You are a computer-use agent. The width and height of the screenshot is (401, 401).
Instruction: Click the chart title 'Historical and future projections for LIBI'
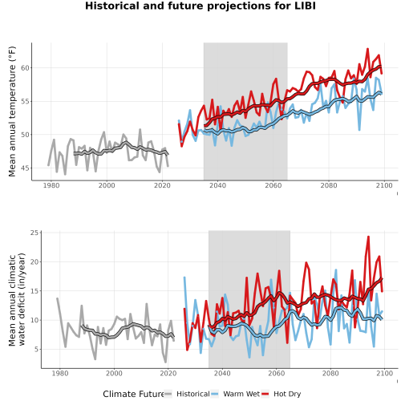coord(200,6)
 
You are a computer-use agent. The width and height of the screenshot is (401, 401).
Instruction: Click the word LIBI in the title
coord(305,6)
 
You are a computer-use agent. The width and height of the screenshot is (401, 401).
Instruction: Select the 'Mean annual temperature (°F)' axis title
coord(12,111)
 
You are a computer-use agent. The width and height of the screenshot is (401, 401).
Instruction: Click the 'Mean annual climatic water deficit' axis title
coord(17,299)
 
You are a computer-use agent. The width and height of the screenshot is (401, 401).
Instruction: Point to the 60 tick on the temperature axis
coord(25,68)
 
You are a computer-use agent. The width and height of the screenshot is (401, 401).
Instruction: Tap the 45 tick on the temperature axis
coord(25,168)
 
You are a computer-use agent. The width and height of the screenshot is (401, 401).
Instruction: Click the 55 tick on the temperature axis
coord(25,101)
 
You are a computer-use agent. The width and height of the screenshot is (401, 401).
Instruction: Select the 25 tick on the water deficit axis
coord(34,233)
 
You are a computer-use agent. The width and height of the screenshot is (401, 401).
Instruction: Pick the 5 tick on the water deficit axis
coord(36,349)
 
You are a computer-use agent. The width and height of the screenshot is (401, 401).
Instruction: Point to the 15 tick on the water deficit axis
coord(34,291)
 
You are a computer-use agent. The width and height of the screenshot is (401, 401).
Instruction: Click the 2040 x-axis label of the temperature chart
coord(217,185)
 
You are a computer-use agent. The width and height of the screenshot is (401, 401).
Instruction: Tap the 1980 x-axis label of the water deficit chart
coord(60,373)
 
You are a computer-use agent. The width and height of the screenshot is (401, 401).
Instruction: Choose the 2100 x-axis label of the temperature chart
coord(384,185)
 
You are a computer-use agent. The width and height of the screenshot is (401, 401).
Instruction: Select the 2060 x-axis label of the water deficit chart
coord(277,373)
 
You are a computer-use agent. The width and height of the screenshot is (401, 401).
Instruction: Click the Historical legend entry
coord(187,394)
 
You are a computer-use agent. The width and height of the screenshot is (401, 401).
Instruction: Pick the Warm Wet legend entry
coord(236,394)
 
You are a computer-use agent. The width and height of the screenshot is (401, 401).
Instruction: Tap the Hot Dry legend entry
coord(282,394)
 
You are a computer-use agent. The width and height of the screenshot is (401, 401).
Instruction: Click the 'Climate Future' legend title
coord(133,394)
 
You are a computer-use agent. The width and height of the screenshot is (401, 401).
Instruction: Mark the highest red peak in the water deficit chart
coord(368,237)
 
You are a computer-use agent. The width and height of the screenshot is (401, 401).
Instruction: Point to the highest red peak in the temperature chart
coord(367,49)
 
